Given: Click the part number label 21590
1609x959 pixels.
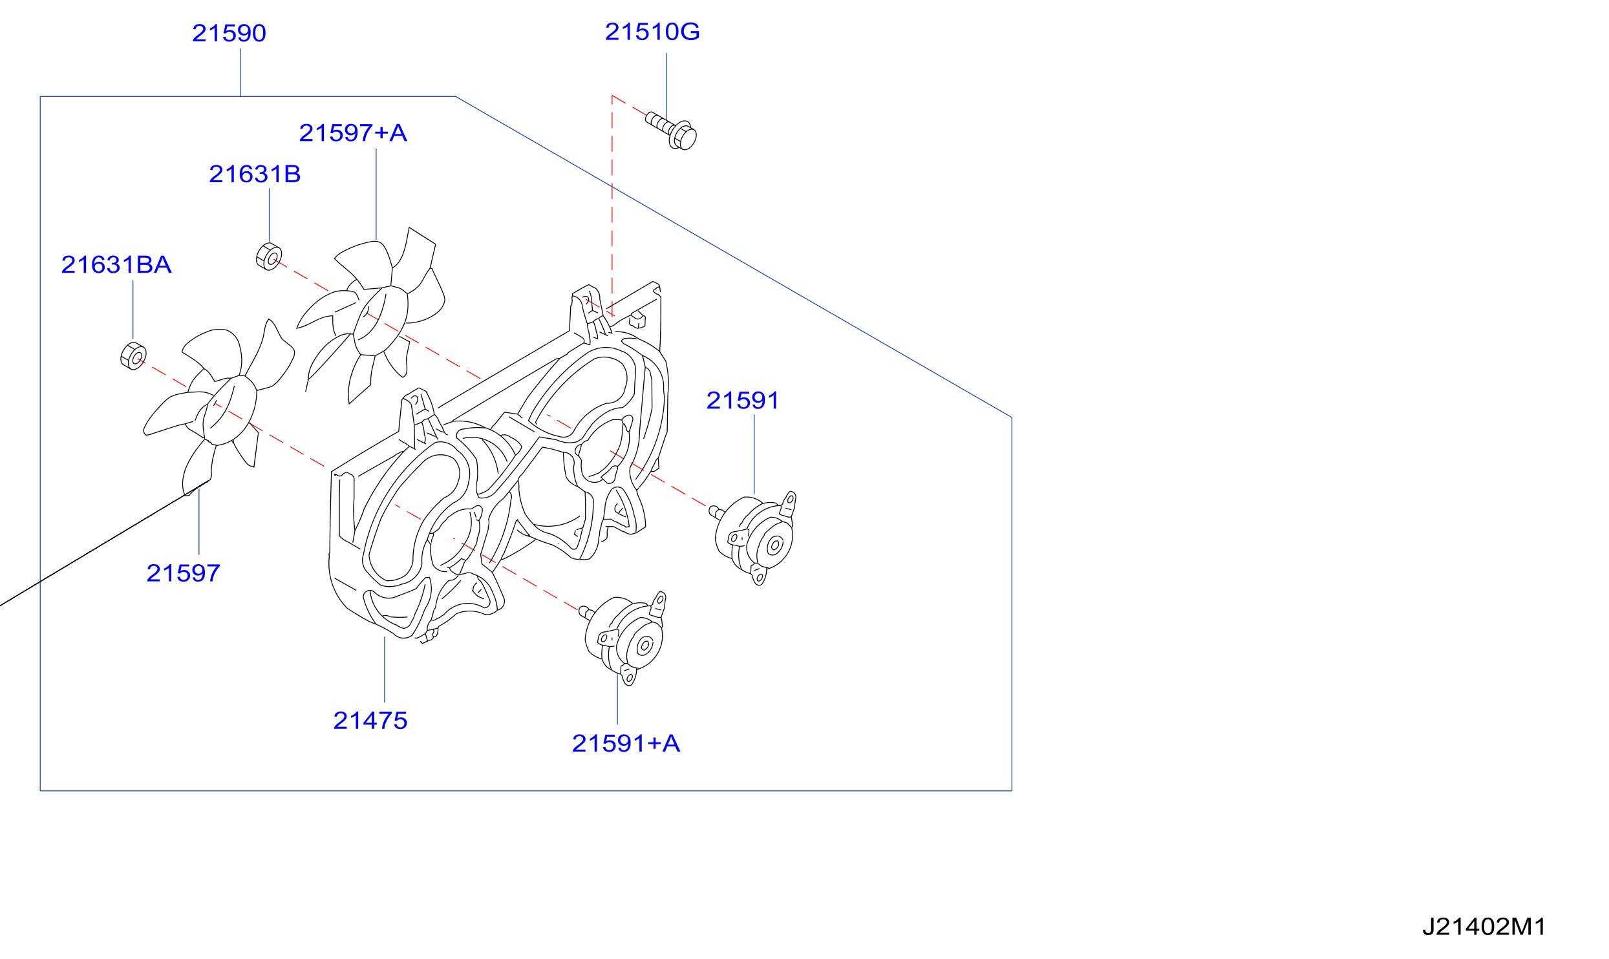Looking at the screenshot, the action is [229, 33].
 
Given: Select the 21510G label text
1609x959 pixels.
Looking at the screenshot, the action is [652, 32].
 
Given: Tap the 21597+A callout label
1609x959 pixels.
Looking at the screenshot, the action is [353, 133].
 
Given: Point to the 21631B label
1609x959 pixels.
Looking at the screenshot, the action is [255, 174].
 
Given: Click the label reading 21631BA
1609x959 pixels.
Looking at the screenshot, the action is [116, 265].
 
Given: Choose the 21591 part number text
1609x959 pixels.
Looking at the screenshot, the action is [743, 401].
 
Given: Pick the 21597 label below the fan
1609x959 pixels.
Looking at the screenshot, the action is [184, 573].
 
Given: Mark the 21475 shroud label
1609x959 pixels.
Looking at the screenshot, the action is [370, 721].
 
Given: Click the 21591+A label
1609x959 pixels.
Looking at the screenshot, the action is [626, 743].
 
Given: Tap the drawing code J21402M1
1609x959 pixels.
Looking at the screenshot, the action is [1484, 927].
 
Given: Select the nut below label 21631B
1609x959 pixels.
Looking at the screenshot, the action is [269, 257].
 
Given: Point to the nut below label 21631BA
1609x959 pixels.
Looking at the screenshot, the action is [133, 356].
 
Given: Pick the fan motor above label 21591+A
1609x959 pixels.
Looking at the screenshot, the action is [625, 637].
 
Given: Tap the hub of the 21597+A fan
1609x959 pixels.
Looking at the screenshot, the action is [380, 319].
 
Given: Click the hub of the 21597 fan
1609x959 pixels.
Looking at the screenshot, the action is [229, 410].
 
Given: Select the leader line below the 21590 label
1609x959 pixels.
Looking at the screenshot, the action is [240, 72].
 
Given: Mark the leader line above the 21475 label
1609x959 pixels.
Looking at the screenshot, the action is [385, 669].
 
